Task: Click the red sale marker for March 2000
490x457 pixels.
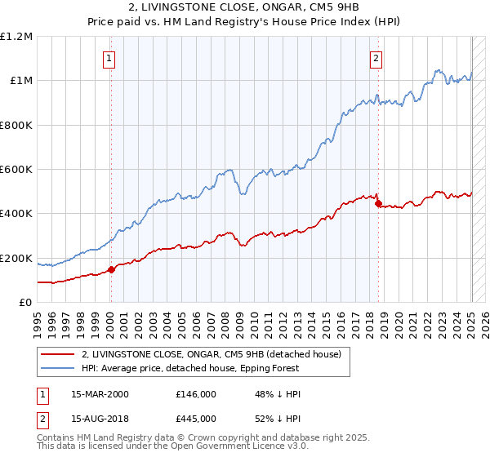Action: [x=111, y=270]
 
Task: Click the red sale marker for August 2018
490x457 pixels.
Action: [x=378, y=204]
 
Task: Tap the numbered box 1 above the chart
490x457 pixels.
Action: [x=109, y=58]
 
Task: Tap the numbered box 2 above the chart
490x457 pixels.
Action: [x=376, y=58]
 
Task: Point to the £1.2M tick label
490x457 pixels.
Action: [x=16, y=37]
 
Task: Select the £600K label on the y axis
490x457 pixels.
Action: [x=16, y=170]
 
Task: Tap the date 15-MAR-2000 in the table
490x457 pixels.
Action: [x=100, y=394]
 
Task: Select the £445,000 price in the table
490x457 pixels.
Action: [x=196, y=419]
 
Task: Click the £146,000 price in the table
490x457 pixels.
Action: [x=196, y=394]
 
